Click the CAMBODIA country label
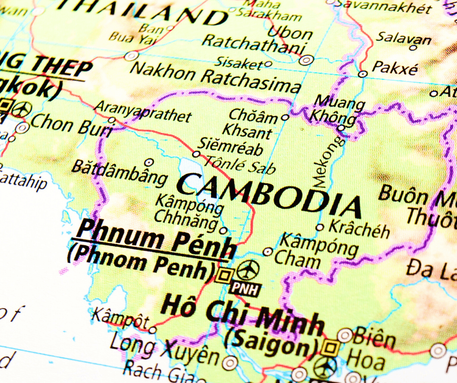[269, 194]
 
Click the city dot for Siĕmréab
[196, 154]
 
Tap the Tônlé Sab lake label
[240, 164]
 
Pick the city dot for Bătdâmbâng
[149, 162]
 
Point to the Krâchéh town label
[359, 228]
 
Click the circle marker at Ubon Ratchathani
[306, 60]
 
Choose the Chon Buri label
[71, 125]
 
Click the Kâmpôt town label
[120, 317]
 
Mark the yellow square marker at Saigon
[332, 348]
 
